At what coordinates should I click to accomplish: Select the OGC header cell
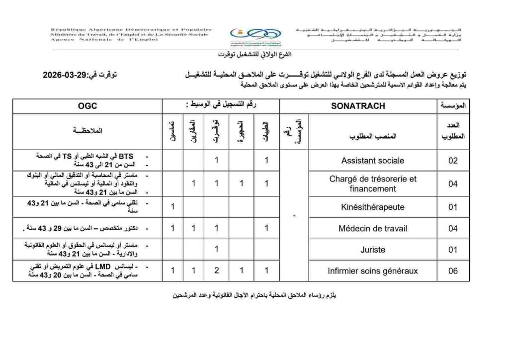87,106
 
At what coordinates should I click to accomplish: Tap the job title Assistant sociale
372,161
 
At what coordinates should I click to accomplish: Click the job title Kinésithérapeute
372,206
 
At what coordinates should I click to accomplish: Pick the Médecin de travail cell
372,228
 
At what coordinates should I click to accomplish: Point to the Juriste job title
372,250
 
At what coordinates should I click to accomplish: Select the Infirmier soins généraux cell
372,271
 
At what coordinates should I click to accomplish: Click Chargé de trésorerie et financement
372,183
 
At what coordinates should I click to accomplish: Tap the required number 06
452,271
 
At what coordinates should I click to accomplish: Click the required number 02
452,161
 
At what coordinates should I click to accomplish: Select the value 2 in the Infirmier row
217,271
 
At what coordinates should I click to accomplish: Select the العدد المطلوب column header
452,131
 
